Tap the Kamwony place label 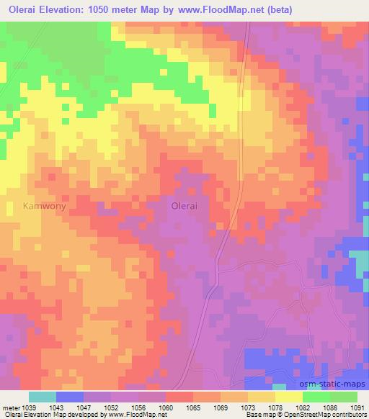[x=44, y=205]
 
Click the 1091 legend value [x=356, y=407]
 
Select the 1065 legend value [x=192, y=407]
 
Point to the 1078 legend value [x=275, y=407]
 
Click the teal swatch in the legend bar [x=43, y=397]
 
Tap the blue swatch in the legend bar [x=70, y=397]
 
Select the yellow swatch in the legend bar [x=288, y=397]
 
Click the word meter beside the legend [x=10, y=407]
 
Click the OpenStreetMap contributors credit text [x=328, y=415]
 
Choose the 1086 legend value [x=329, y=407]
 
